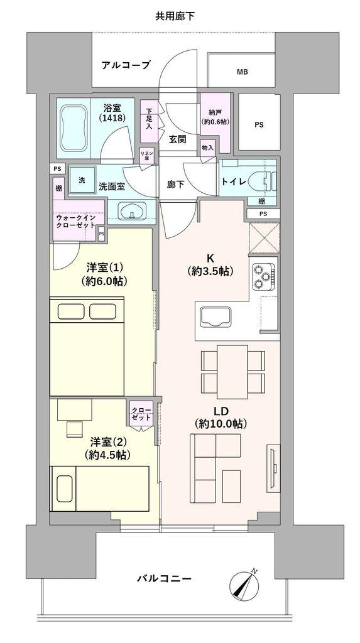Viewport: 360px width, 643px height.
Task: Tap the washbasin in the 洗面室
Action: pyautogui.click(x=131, y=212)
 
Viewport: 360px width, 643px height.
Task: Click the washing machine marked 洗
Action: pyautogui.click(x=82, y=180)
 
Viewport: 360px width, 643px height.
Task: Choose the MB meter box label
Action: pyautogui.click(x=242, y=72)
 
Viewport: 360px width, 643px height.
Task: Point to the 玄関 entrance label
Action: pyautogui.click(x=177, y=139)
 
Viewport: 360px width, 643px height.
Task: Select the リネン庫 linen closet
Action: pyautogui.click(x=146, y=155)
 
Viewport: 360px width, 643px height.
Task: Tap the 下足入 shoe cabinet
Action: pyautogui.click(x=149, y=117)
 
